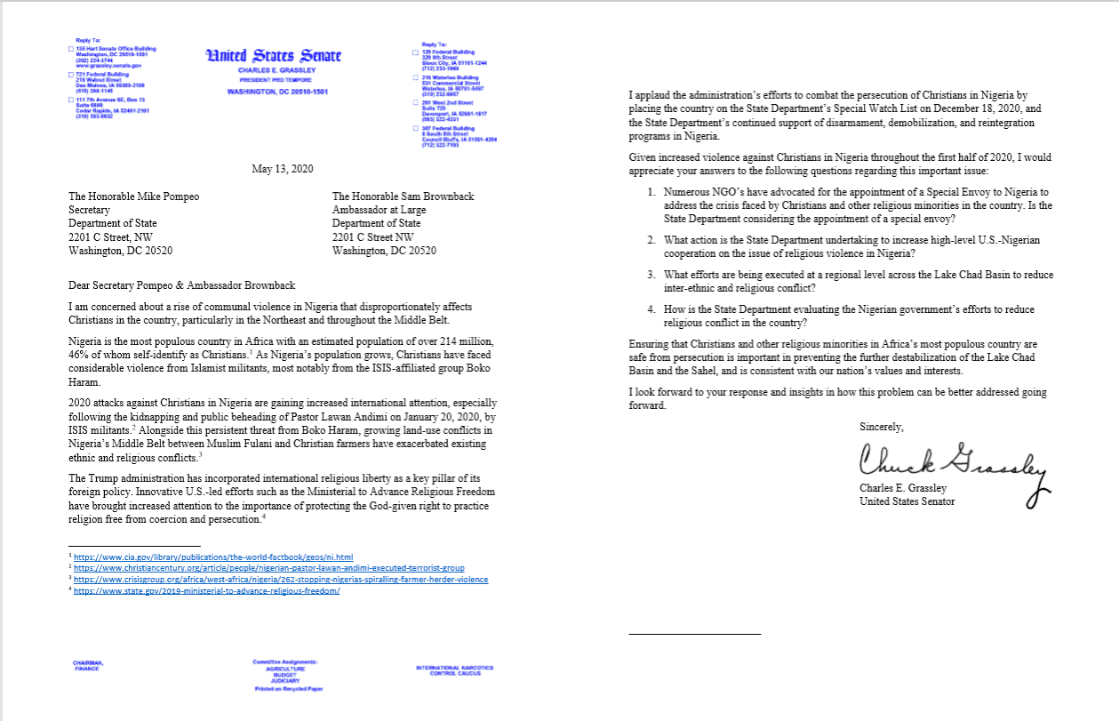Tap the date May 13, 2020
pyautogui.click(x=277, y=169)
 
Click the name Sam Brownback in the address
pyautogui.click(x=433, y=196)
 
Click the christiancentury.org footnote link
pyautogui.click(x=268, y=567)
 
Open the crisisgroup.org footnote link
pyautogui.click(x=280, y=579)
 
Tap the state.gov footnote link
pyautogui.click(x=206, y=590)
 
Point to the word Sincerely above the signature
pyautogui.click(x=882, y=427)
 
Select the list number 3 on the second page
pyautogui.click(x=651, y=276)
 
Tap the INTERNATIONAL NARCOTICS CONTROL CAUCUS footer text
pyautogui.click(x=453, y=669)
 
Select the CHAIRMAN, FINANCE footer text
pyautogui.click(x=88, y=665)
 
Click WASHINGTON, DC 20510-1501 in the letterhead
pyautogui.click(x=277, y=92)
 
